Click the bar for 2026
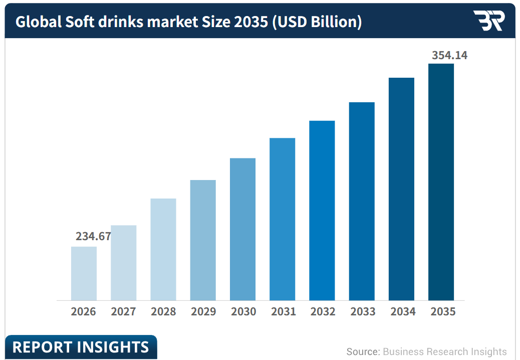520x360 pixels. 84,273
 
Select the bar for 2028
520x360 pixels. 163,250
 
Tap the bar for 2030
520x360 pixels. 243,229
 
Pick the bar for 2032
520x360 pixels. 322,211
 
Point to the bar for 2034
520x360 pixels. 401,189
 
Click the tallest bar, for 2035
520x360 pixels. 441,182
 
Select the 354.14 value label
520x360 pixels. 449,55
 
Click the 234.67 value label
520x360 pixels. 93,236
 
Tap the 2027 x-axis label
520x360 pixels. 123,311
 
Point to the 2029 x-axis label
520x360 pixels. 203,311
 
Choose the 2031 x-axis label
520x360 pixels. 283,311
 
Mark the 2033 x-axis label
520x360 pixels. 363,311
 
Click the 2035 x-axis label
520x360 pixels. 443,311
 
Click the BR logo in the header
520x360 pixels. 489,21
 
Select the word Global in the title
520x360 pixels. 39,22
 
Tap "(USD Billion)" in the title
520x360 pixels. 317,22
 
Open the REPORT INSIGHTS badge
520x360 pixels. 81,347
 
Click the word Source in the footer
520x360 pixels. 362,351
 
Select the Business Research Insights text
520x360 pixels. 445,351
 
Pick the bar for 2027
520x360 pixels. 124,263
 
